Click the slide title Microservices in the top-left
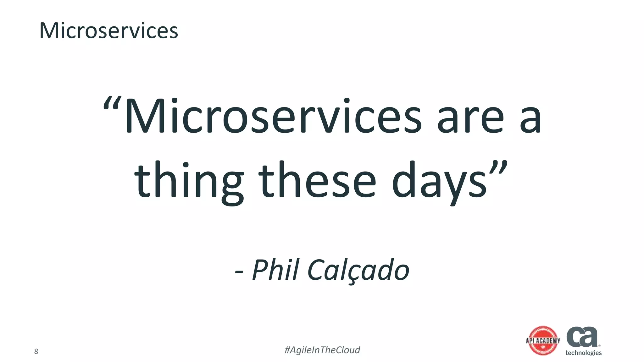pyautogui.click(x=108, y=31)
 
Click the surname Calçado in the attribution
pyautogui.click(x=358, y=270)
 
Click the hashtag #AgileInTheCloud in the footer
pyautogui.click(x=322, y=350)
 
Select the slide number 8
pyautogui.click(x=36, y=351)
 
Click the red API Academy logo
pyautogui.click(x=543, y=341)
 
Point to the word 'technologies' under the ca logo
pyautogui.click(x=583, y=353)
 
